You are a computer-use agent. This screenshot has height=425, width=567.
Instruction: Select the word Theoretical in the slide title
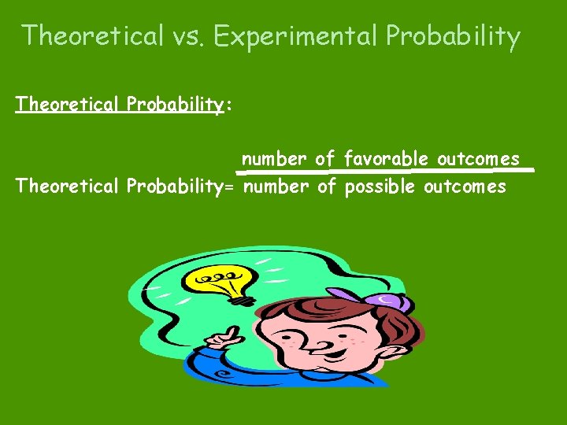click(x=92, y=36)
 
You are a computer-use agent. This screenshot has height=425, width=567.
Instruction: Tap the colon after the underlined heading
click(x=228, y=106)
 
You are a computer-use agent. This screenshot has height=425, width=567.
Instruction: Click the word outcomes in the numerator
click(x=479, y=159)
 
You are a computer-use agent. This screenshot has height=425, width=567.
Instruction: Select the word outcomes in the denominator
click(x=465, y=187)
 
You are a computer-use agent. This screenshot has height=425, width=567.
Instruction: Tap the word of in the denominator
click(x=326, y=187)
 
